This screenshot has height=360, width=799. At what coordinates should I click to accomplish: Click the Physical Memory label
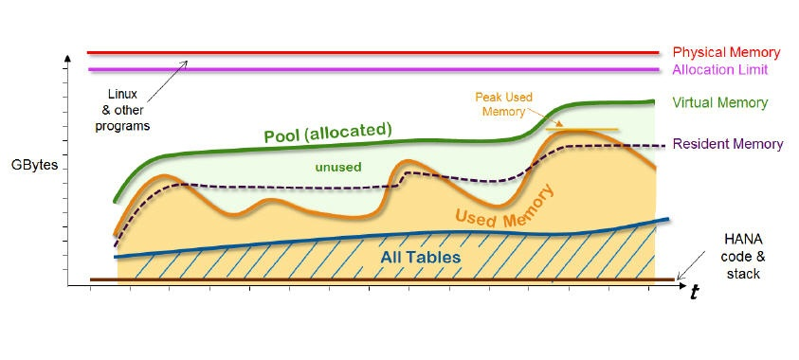pyautogui.click(x=727, y=53)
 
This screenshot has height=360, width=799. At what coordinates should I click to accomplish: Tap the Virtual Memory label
pyautogui.click(x=719, y=102)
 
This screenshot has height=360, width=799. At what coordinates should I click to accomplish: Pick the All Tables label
pyautogui.click(x=420, y=257)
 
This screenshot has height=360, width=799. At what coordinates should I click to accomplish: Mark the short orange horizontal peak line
pyautogui.click(x=583, y=129)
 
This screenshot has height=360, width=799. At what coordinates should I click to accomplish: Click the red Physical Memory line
pyautogui.click(x=379, y=53)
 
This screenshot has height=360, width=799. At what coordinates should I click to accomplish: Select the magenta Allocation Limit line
pyautogui.click(x=379, y=69)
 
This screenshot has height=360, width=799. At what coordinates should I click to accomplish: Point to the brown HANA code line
pyautogui.click(x=379, y=279)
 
